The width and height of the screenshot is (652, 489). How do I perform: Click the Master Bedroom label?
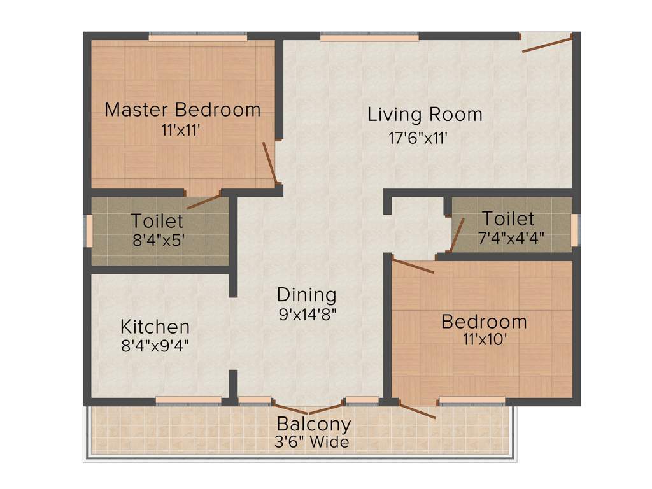[x=182, y=110]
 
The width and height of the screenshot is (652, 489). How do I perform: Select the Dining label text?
[x=306, y=295]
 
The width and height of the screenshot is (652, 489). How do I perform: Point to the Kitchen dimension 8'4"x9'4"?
[x=155, y=345]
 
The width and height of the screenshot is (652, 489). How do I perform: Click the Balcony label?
[x=313, y=424]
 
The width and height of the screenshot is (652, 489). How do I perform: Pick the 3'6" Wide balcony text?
[x=312, y=442]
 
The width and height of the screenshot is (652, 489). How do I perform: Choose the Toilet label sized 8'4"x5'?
[x=157, y=222]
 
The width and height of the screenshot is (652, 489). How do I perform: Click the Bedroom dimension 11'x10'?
[x=484, y=339]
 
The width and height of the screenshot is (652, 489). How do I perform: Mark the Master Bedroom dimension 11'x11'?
[x=182, y=129]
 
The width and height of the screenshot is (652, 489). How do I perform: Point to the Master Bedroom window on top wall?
[x=197, y=38]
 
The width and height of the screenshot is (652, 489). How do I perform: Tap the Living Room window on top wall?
[x=369, y=38]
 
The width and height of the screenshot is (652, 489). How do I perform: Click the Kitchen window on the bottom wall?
[x=188, y=400]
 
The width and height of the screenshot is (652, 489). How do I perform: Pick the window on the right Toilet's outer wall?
[x=574, y=230]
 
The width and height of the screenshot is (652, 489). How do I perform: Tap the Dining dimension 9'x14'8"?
[x=306, y=313]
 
